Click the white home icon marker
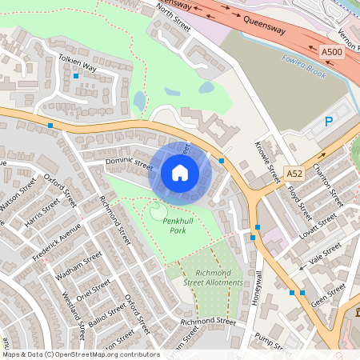(x=180, y=172)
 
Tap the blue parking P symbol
(x=328, y=122)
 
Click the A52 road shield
(x=294, y=174)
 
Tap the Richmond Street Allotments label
(x=213, y=278)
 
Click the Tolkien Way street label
(x=77, y=62)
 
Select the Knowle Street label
(x=272, y=161)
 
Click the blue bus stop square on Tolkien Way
(x=76, y=76)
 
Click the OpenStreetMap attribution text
(x=80, y=354)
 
